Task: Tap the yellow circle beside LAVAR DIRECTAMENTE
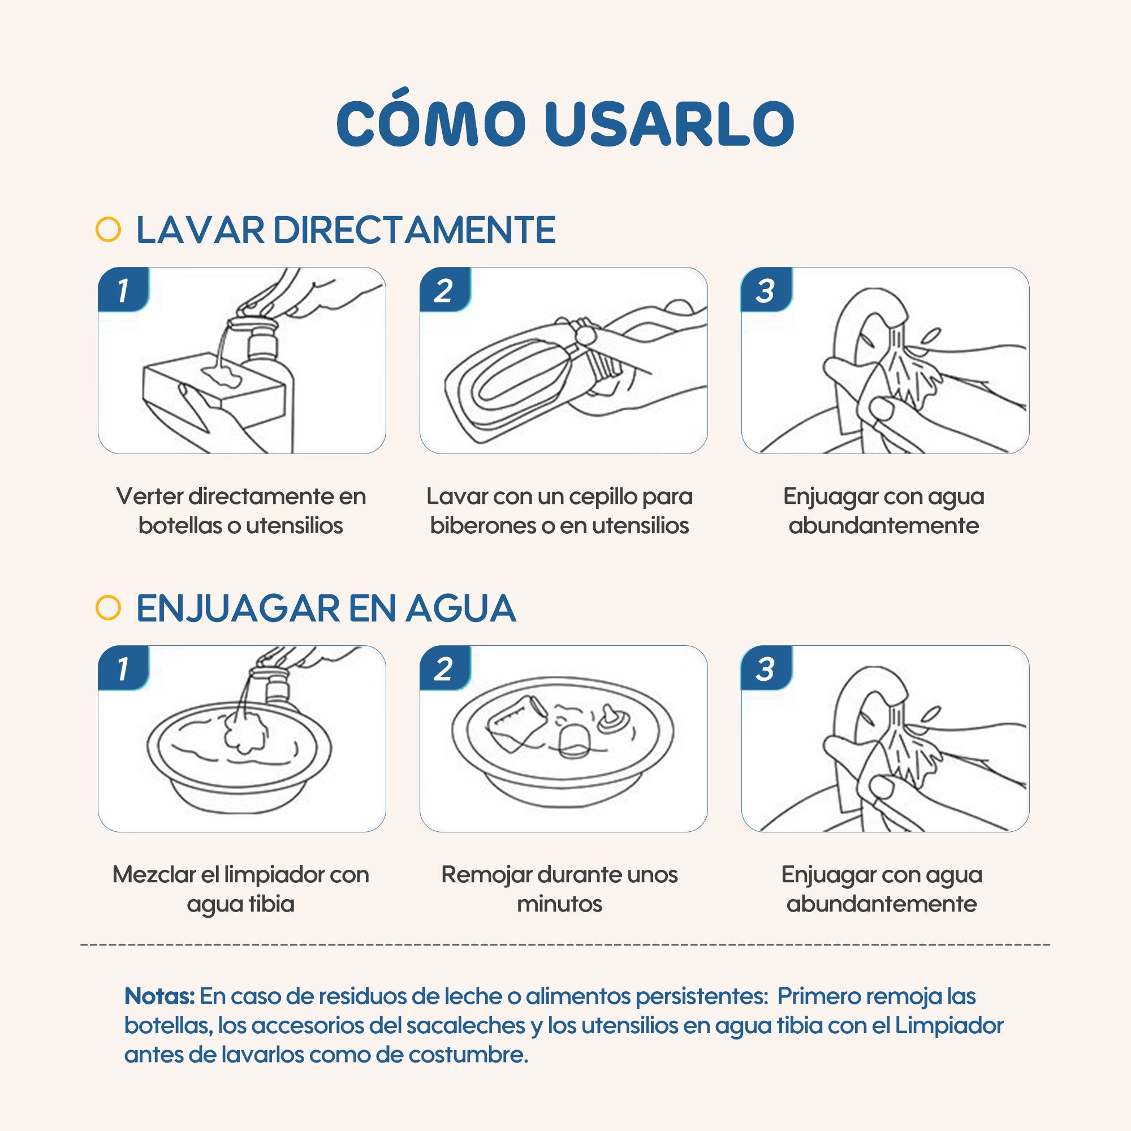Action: (109, 230)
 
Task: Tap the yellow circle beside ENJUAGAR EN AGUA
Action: (109, 608)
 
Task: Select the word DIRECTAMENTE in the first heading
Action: (415, 230)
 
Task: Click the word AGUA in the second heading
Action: (461, 609)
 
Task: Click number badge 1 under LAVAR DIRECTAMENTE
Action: (123, 290)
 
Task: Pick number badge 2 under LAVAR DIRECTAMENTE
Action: (445, 290)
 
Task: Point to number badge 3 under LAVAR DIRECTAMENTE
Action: (766, 290)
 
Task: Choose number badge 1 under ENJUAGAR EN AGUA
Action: (123, 668)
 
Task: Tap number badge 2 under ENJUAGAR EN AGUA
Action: (445, 668)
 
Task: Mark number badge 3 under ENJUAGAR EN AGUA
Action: (766, 668)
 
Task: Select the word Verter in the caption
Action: (149, 497)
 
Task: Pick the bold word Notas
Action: (159, 996)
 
